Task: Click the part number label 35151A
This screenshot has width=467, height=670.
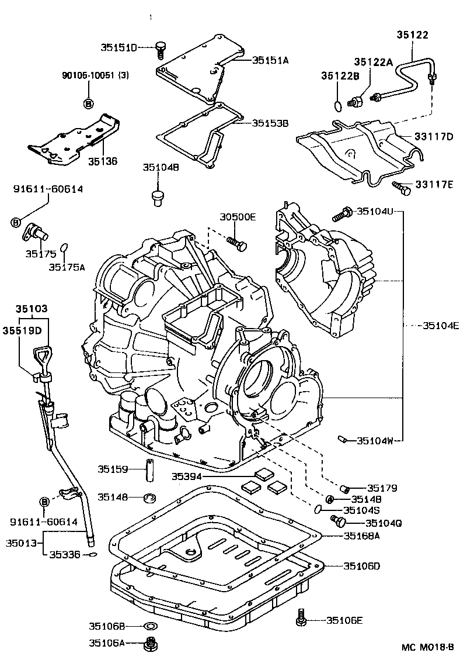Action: (x=270, y=60)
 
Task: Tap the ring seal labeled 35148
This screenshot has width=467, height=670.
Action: (x=150, y=498)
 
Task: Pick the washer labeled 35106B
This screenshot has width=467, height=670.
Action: (x=150, y=627)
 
